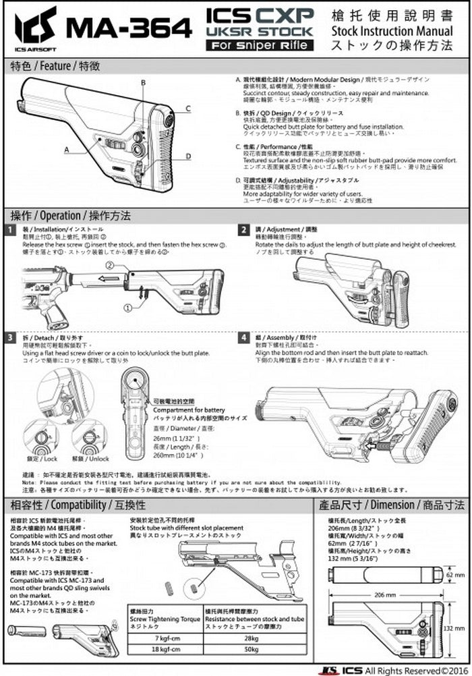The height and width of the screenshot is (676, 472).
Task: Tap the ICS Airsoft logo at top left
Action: pos(36,27)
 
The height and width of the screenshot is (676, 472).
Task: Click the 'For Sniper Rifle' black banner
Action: pos(260,45)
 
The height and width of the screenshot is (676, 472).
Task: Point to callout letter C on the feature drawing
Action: pos(188,108)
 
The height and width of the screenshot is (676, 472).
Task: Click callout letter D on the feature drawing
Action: pos(188,156)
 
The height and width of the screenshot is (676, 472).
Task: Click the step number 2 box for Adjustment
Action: pos(244,230)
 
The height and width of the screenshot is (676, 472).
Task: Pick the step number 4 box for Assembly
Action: pos(244,337)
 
